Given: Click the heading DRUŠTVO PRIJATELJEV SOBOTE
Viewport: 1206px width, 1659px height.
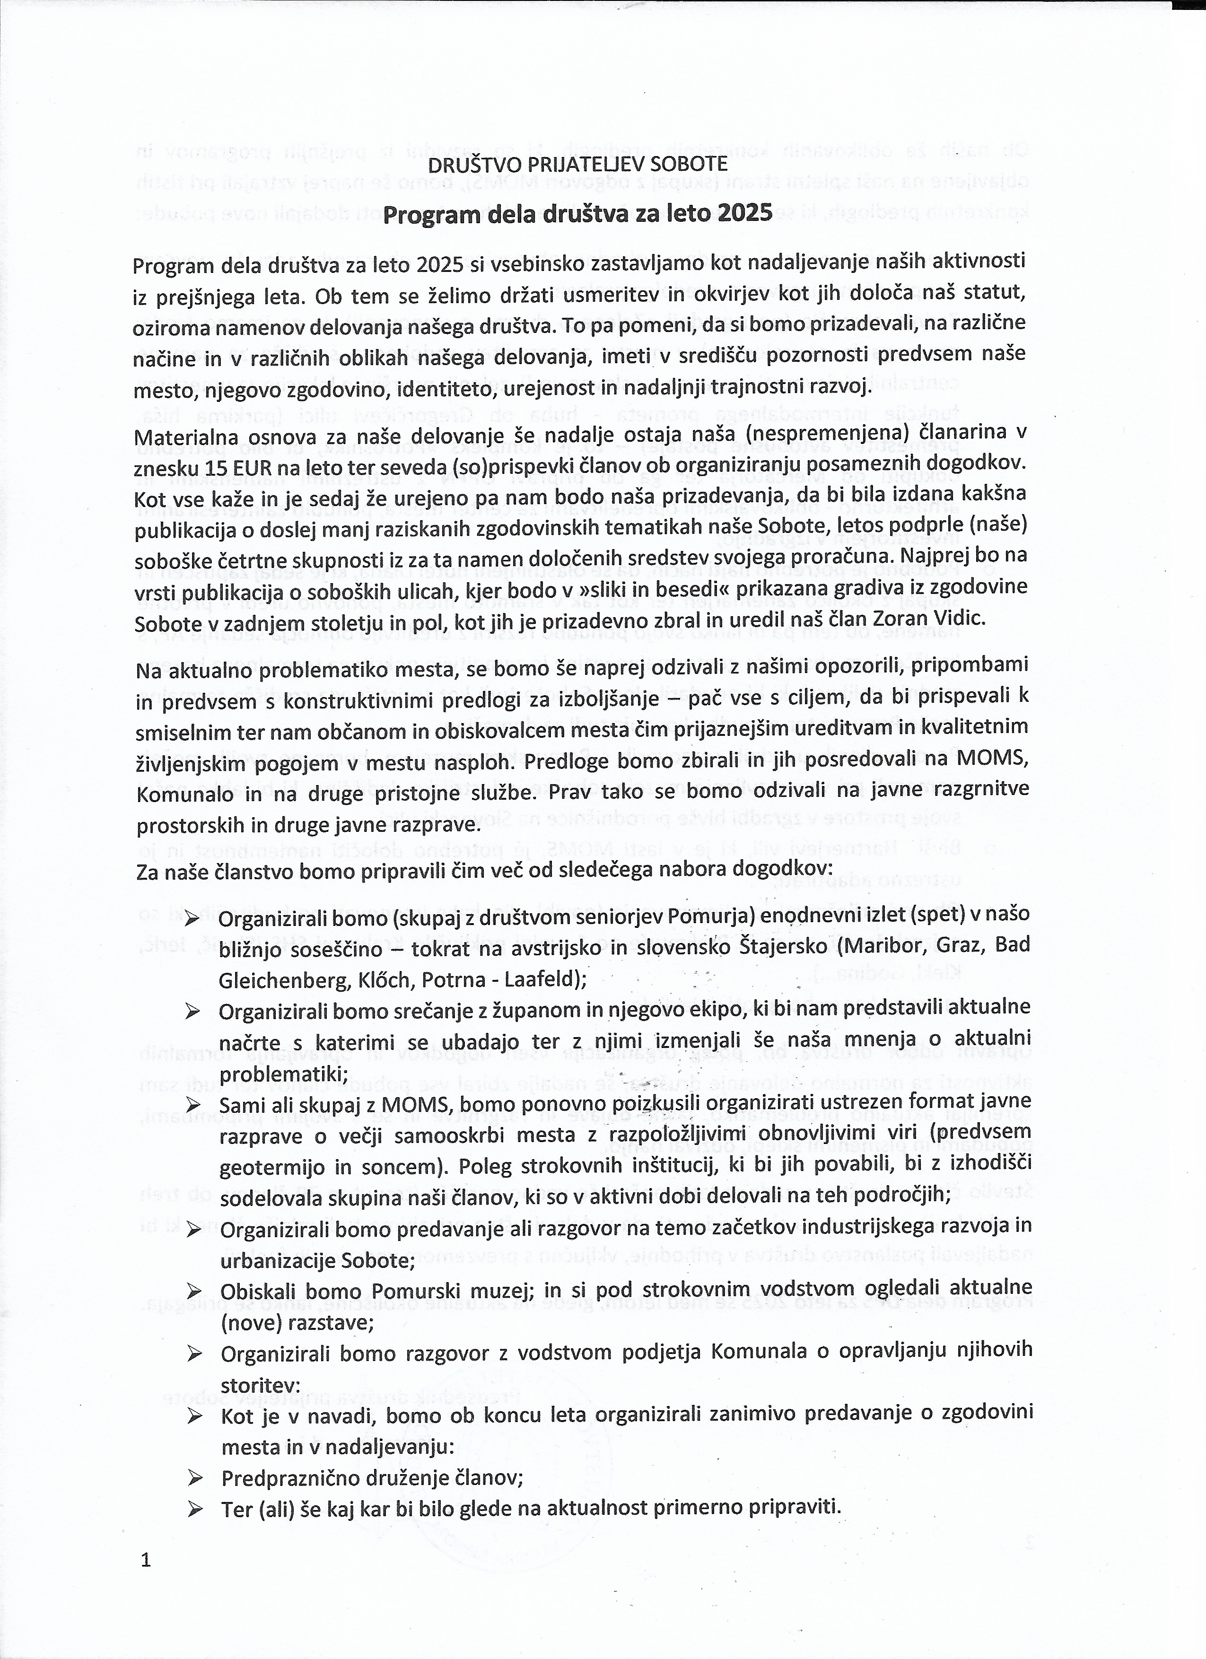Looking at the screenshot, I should (578, 163).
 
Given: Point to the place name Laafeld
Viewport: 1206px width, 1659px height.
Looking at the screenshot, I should (541, 979).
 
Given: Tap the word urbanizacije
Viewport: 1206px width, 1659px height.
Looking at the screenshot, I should (271, 1260).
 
